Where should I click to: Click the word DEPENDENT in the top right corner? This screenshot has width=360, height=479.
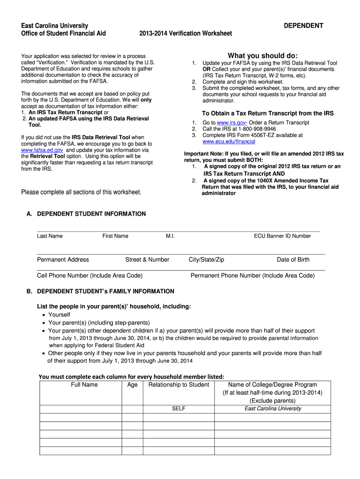pos(303,25)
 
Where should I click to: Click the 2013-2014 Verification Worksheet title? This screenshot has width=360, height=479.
pos(186,33)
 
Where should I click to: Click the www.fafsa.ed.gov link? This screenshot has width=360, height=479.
pos(42,150)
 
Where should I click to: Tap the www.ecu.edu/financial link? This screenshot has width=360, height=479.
pos(229,141)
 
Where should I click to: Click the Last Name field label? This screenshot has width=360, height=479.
pos(50,236)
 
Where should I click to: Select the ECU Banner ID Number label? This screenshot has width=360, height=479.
pos(282,236)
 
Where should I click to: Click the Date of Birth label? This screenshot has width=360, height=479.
pos(293,260)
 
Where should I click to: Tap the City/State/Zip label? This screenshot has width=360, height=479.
pos(206,260)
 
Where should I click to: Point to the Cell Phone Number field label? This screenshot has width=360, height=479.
pos(90,276)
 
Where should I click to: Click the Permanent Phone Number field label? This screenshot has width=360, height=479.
pos(252,276)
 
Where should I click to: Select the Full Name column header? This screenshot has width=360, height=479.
pos(84,385)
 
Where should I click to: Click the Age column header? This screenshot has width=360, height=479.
pos(132,385)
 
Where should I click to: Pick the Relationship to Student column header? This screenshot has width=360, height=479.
pos(179,385)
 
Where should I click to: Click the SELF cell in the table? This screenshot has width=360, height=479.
pos(179,408)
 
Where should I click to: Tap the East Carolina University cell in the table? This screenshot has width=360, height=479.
pos(273,408)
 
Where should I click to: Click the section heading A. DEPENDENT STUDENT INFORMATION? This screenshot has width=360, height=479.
pos(86,214)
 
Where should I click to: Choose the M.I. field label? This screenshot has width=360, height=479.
pos(170,236)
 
